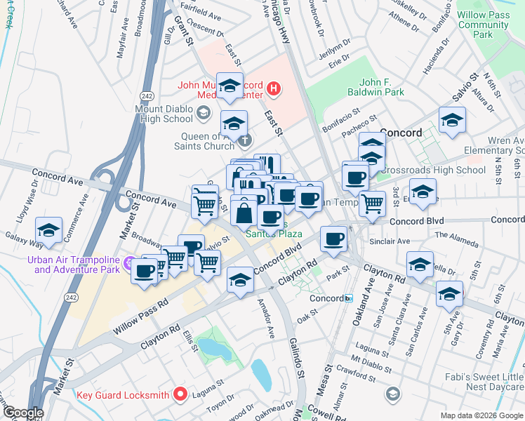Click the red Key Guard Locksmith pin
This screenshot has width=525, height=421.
tap(180, 394)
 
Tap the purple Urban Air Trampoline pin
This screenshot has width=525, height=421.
tap(128, 264)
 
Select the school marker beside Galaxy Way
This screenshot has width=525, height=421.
tap(48, 230)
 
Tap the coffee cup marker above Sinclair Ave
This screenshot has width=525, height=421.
tap(333, 239)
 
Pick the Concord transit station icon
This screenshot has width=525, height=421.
tap(348, 298)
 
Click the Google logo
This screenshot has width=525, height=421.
tap(22, 413)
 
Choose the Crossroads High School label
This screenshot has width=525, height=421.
tap(446, 170)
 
